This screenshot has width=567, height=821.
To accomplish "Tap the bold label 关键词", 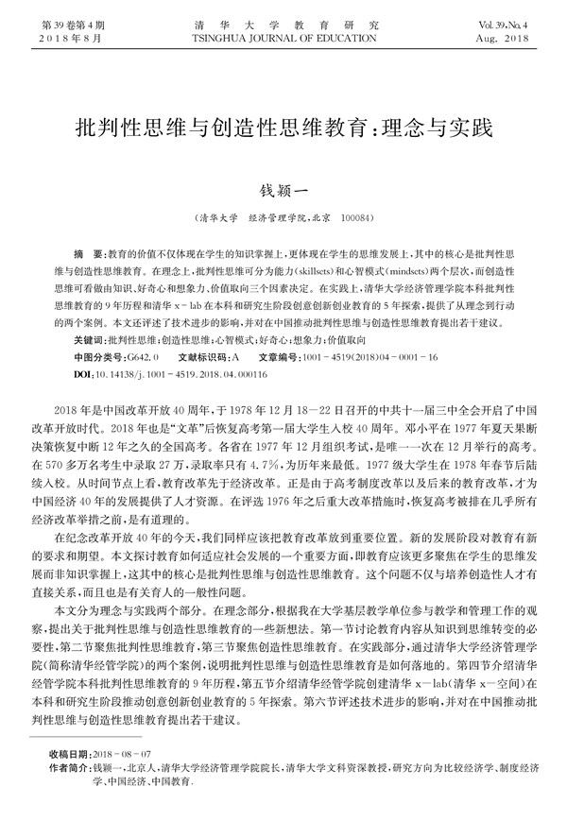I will [89, 338].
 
